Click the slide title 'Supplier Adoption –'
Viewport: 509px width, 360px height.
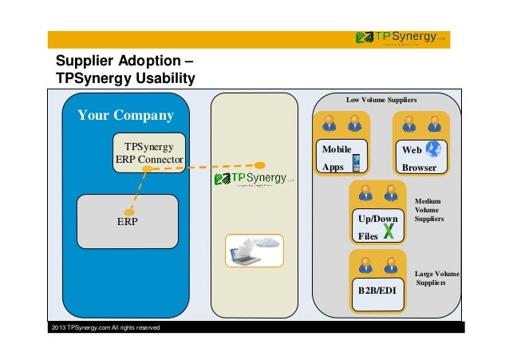[123, 62]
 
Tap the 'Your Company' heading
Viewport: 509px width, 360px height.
[125, 116]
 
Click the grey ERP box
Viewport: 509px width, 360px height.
[127, 221]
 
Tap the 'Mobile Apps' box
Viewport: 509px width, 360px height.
[340, 157]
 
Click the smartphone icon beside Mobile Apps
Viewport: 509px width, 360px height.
[356, 163]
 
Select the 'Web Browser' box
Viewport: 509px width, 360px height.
[420, 157]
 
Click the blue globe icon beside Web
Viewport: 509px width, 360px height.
[433, 149]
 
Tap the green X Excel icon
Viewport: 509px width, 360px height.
[390, 231]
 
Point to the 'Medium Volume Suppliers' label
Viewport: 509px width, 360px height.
[429, 210]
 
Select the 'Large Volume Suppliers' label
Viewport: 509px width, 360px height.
[436, 278]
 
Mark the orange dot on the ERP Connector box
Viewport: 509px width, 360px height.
[144, 168]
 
